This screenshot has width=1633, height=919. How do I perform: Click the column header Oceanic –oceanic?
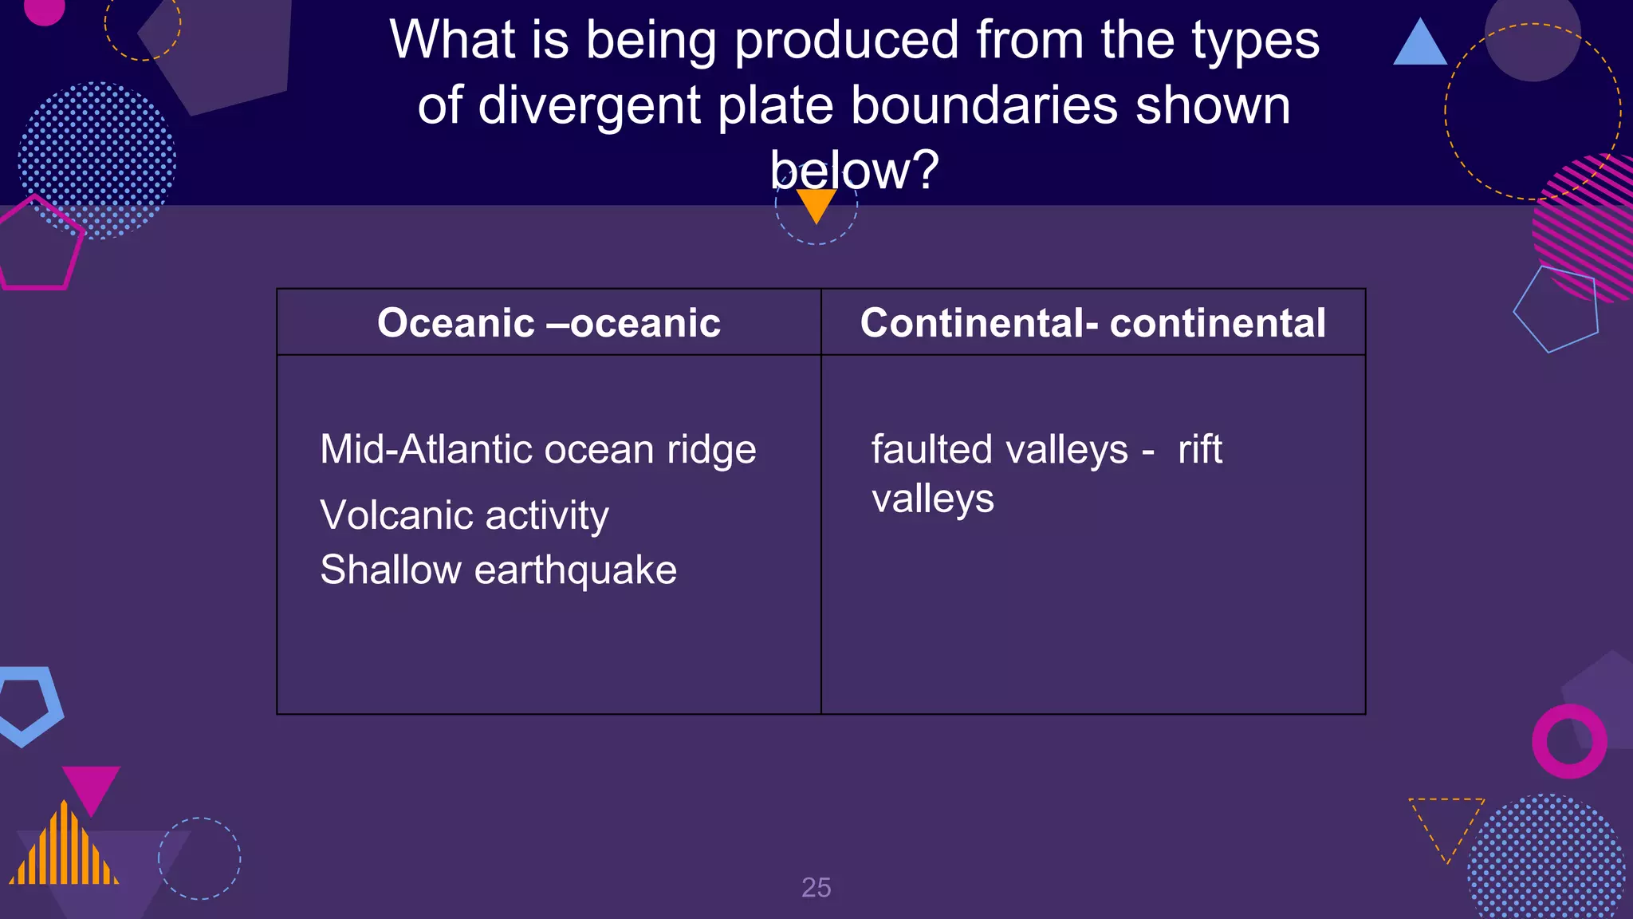[x=549, y=323]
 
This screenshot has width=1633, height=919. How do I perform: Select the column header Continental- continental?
[x=1092, y=323]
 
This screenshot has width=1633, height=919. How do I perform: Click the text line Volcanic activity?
[x=464, y=515]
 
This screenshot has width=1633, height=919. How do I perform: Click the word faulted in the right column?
[x=932, y=449]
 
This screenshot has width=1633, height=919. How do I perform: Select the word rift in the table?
[x=1199, y=449]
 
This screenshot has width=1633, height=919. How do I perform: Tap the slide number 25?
[x=816, y=887]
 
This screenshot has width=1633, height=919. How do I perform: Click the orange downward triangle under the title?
[x=816, y=203]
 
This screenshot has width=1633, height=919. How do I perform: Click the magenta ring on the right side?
[x=1569, y=741]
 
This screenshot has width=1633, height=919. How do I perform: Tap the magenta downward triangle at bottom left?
[x=91, y=786]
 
